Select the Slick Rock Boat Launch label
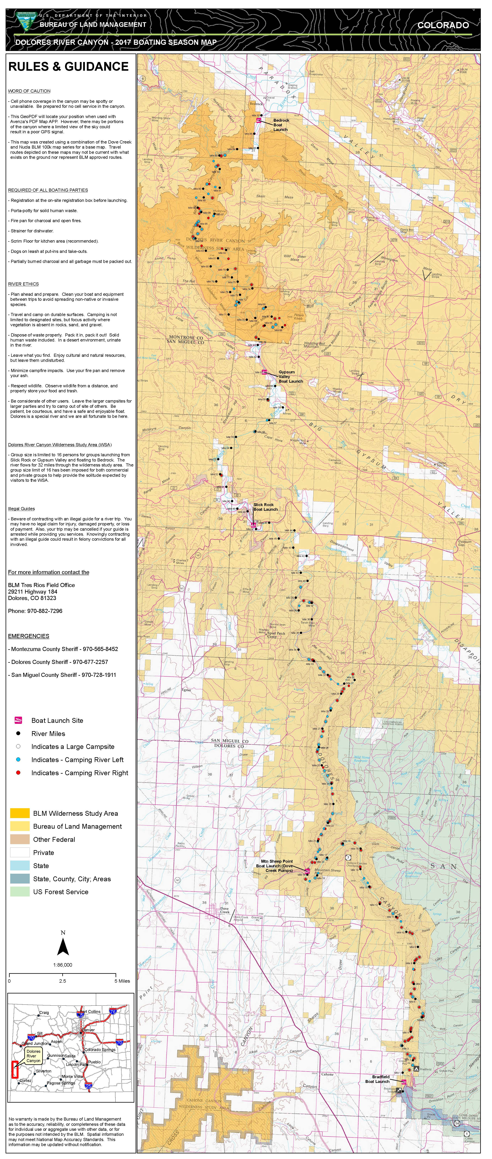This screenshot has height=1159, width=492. coord(265,507)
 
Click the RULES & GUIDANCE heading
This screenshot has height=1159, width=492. coord(68,67)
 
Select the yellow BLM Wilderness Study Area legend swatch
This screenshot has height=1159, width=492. coord(20,813)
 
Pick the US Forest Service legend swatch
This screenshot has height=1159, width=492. coord(20,892)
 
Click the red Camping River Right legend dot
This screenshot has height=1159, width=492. coord(18,772)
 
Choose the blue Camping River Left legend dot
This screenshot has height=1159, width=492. coord(18,760)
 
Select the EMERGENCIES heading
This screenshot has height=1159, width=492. coord(28,636)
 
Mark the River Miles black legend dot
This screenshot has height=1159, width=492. coord(18,733)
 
